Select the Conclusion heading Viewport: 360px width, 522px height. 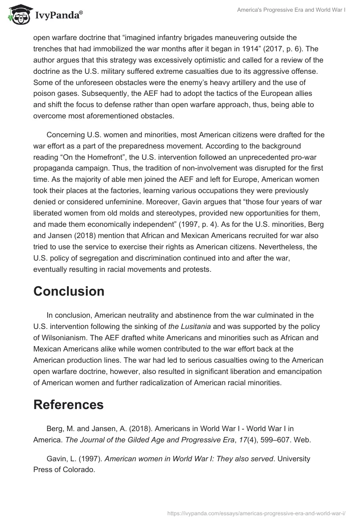point(69,291)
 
